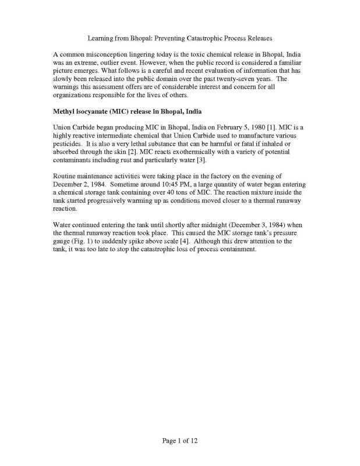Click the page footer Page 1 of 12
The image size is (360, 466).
coord(180,441)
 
